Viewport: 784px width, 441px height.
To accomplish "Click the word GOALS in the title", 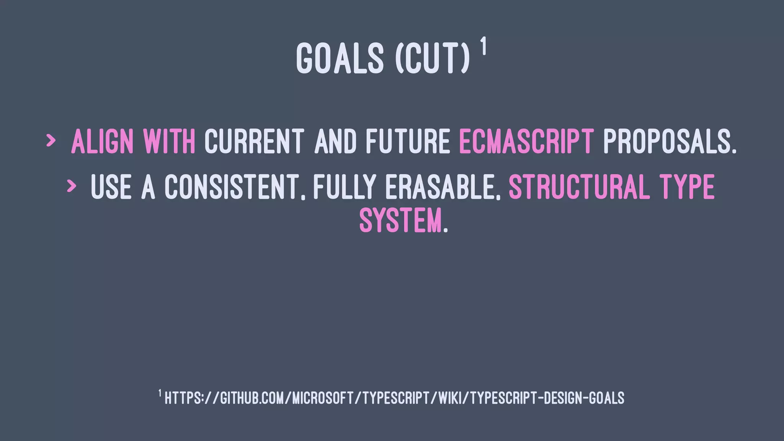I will (x=340, y=58).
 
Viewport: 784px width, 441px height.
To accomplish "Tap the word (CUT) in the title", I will (x=432, y=58).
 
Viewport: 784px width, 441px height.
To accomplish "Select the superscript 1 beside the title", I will (x=484, y=46).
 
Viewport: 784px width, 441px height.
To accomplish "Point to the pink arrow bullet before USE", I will (x=71, y=186).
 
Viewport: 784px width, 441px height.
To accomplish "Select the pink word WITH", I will (x=169, y=142).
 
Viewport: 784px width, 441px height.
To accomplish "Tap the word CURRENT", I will (x=255, y=142).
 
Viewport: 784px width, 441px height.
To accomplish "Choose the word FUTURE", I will (x=408, y=142).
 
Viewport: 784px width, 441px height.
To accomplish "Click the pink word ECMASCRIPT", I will (x=526, y=142).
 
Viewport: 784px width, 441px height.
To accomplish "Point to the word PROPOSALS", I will (x=669, y=142).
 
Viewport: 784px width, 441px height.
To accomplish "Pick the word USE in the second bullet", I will (x=111, y=187).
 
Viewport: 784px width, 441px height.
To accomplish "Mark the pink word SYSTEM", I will (x=400, y=220).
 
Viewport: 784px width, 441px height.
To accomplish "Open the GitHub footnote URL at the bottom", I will (x=394, y=398).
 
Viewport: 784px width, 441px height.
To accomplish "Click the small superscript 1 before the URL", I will (x=160, y=393).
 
